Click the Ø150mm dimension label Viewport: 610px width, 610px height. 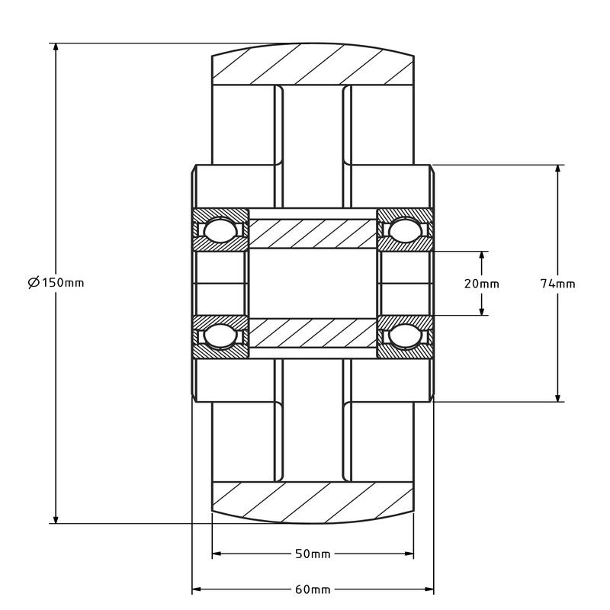(56, 283)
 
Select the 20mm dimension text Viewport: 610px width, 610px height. (482, 284)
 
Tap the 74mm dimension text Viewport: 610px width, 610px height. (557, 284)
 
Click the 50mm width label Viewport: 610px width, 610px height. (313, 554)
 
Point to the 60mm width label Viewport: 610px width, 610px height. (313, 590)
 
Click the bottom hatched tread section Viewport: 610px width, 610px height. (313, 502)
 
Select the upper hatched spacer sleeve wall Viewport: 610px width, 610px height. (313, 233)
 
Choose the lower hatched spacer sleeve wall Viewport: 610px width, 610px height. (313, 333)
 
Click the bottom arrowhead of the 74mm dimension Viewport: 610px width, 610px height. (559, 396)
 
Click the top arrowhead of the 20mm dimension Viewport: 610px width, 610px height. (482, 256)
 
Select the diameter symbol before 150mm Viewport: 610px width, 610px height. (33, 283)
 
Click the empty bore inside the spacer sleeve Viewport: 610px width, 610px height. (313, 284)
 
